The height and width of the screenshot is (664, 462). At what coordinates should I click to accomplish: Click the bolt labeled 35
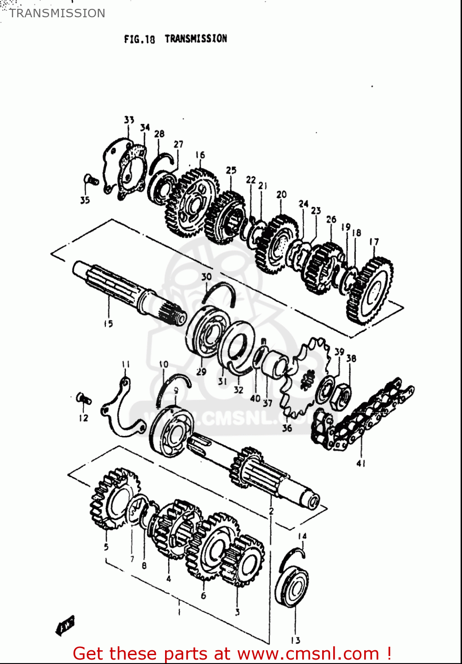90,180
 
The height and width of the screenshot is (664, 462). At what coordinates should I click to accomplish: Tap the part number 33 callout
129,120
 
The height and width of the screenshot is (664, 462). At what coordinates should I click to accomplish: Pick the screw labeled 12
83,398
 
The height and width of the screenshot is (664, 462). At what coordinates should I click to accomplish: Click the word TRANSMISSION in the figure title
196,39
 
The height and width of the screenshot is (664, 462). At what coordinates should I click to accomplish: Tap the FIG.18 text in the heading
139,39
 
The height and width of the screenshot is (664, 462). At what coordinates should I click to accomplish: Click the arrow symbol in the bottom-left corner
65,625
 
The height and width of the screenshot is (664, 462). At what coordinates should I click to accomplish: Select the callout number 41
361,463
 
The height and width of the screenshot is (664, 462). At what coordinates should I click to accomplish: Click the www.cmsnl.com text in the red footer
308,654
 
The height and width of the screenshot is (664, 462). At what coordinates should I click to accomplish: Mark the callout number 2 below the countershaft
271,511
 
